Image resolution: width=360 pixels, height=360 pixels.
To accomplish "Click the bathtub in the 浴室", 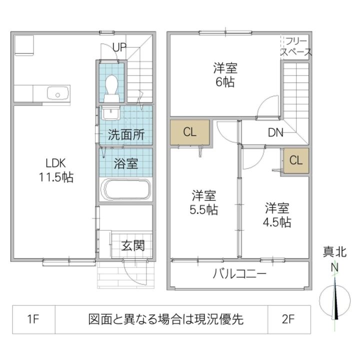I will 125,190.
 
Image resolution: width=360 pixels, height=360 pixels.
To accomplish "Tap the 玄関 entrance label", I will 133,245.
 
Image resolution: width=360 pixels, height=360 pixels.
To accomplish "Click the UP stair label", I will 119,47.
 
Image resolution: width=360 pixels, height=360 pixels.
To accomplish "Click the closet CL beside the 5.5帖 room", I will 189,132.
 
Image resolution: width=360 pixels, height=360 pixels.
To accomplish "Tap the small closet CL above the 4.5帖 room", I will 296,160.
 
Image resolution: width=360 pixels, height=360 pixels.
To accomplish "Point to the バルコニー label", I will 239,274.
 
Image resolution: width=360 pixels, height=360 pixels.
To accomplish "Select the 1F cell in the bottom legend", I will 32,319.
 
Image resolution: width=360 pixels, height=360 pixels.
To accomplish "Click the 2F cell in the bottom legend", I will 289,319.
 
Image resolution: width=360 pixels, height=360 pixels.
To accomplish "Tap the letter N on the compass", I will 334,267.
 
